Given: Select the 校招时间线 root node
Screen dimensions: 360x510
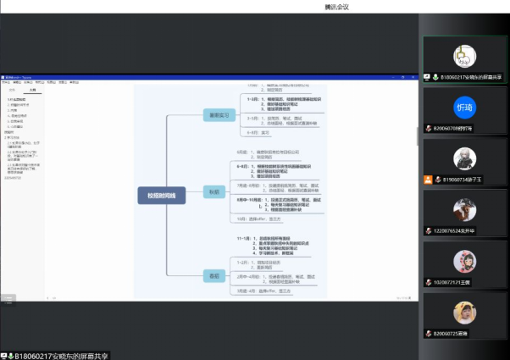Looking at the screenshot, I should point(161,196).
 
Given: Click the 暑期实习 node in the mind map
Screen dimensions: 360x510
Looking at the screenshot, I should point(214,115).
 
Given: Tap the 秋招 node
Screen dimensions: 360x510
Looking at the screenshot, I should point(213,191).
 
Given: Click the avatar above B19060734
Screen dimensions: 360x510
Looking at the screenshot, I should point(463,158).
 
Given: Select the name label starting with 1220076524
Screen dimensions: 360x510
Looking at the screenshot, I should point(462,230).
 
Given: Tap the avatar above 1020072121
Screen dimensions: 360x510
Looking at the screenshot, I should point(463,259).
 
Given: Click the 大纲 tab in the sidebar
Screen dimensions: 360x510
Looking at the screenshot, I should point(32,89).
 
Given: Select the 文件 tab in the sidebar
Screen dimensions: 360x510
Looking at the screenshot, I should point(12,89).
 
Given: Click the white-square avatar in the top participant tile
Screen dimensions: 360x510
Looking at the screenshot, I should point(463,55).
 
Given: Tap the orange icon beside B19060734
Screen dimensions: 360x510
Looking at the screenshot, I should point(429,179).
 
